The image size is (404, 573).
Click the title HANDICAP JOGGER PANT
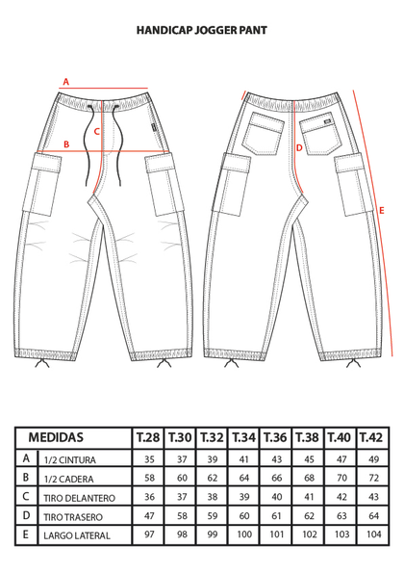[x=202, y=30]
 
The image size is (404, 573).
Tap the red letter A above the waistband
[x=65, y=82]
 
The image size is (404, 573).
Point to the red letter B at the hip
[x=66, y=144]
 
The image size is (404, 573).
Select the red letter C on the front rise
[x=97, y=131]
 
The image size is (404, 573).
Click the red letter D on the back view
[x=299, y=148]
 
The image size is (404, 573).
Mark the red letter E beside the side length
[x=382, y=211]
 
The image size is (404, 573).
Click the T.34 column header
[x=243, y=437]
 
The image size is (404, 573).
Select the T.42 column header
[x=372, y=437]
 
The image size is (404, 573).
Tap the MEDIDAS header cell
[x=56, y=437]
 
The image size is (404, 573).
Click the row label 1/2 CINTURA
[x=69, y=459]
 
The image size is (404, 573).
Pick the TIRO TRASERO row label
[x=73, y=517]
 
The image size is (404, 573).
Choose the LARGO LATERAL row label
[x=77, y=536]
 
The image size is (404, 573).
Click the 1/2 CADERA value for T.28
[x=150, y=478]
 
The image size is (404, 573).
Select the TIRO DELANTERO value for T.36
[x=277, y=497]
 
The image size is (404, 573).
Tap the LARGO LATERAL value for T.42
[x=374, y=534]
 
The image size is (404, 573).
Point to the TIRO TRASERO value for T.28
[x=150, y=516]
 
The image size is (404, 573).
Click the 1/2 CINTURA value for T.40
[x=341, y=459]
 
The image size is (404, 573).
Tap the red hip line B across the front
[x=101, y=151]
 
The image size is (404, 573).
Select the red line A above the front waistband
[x=104, y=88]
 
